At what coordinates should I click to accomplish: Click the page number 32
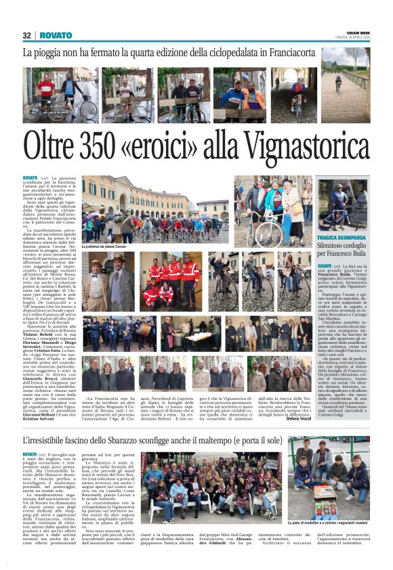pos(27,35)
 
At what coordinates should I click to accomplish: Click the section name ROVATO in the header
pos(55,35)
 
